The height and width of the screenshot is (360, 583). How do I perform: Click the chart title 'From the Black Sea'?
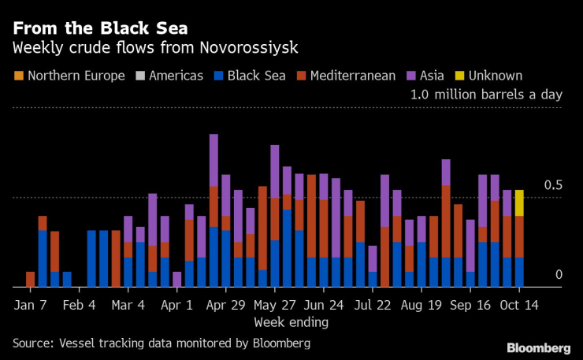click(x=99, y=28)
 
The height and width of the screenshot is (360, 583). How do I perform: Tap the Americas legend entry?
click(x=172, y=76)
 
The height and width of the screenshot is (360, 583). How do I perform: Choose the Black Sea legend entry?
click(x=253, y=76)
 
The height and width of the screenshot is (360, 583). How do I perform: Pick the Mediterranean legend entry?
click(x=351, y=76)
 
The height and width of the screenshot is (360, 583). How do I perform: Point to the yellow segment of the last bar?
click(x=519, y=202)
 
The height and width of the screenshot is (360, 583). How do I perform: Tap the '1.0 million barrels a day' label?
click(x=486, y=95)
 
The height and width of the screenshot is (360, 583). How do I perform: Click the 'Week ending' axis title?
click(x=291, y=322)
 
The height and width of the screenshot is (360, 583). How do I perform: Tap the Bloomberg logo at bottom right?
click(x=538, y=347)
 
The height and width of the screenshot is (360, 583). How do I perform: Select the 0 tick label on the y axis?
click(x=559, y=275)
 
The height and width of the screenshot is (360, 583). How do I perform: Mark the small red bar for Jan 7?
click(x=30, y=280)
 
